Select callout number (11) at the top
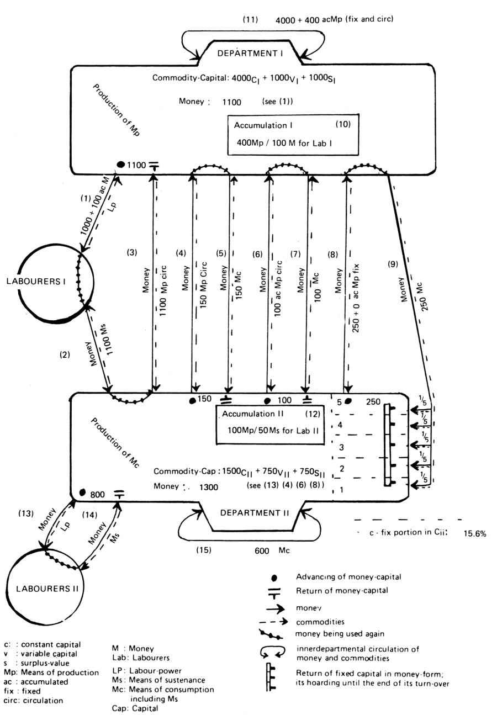251,19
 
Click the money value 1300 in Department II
208,488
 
